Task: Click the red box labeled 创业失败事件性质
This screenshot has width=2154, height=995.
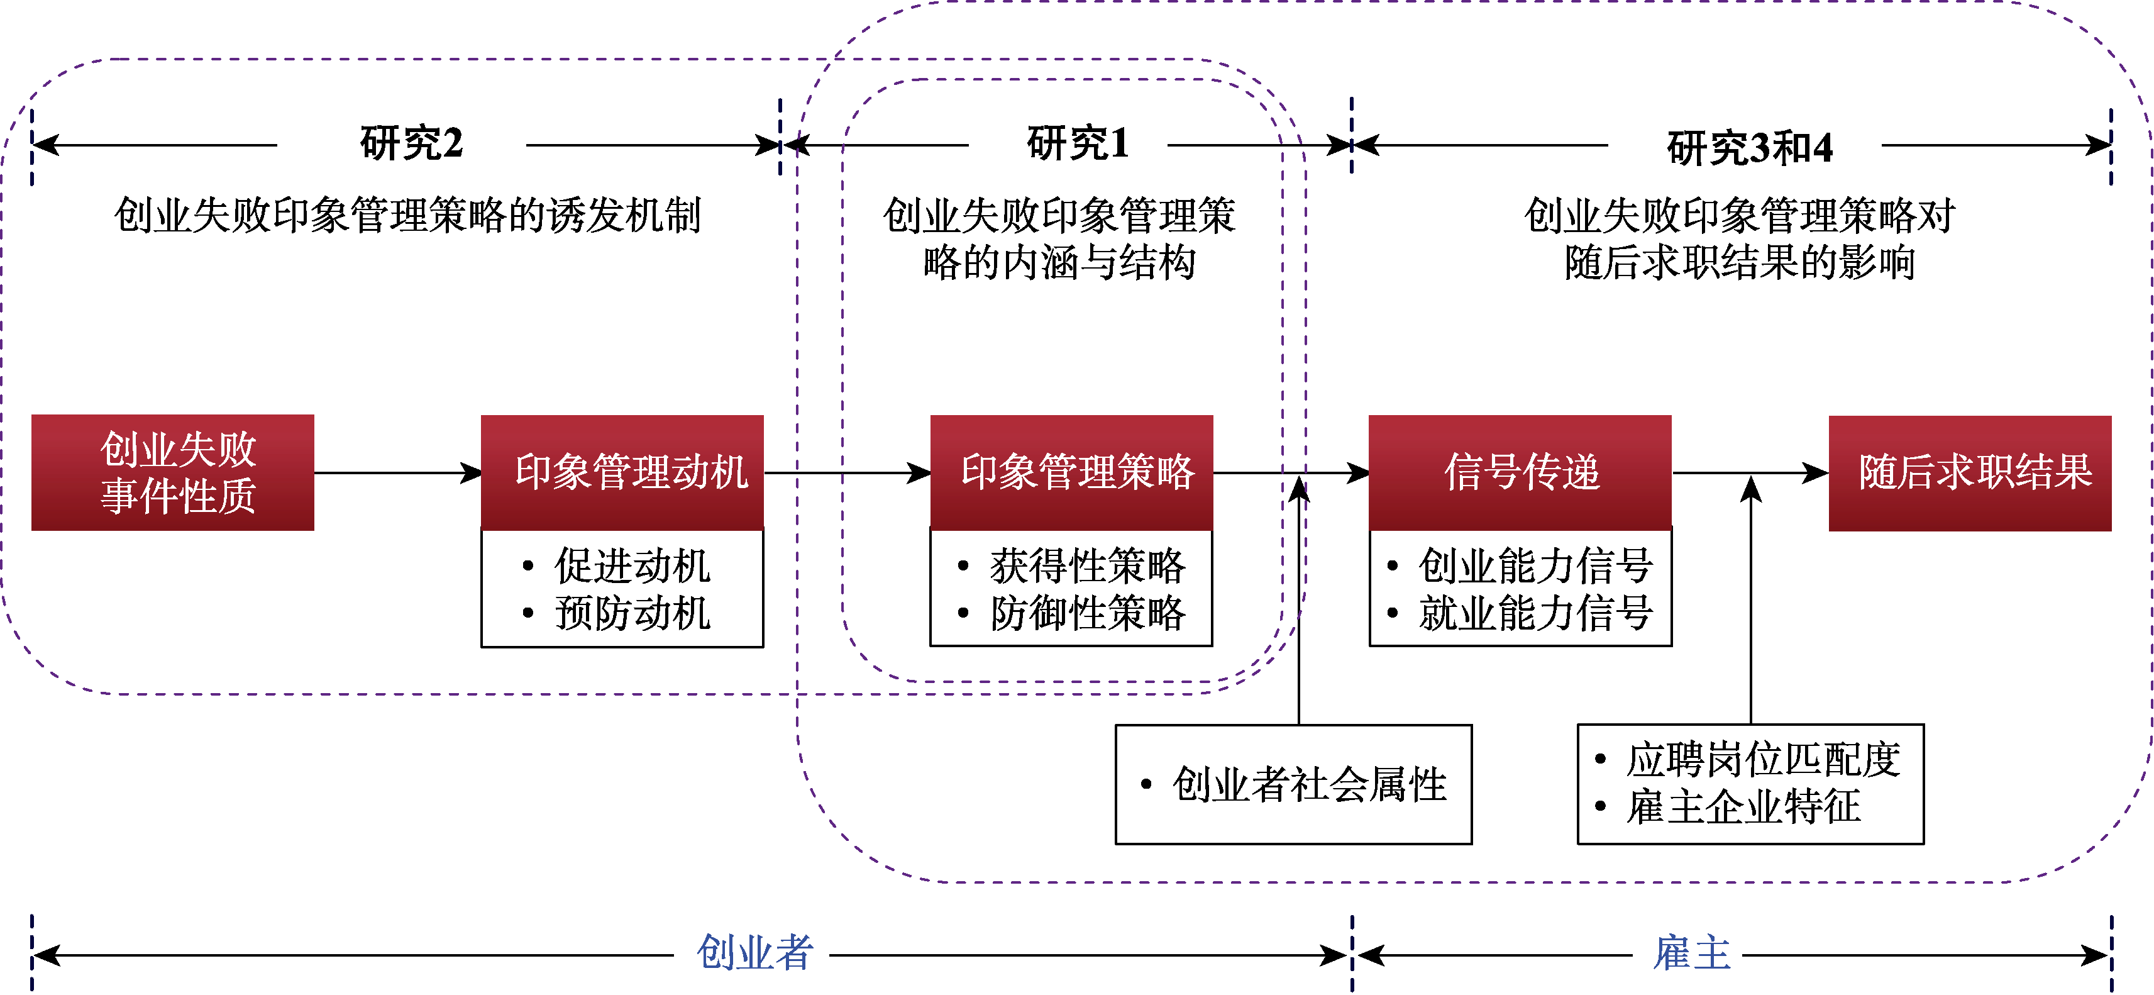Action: click(173, 472)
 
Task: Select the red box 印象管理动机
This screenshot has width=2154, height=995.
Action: click(622, 472)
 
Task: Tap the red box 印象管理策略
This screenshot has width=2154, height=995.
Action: click(1071, 472)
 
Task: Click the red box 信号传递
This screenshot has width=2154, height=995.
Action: click(1520, 472)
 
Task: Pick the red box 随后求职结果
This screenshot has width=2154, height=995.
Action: click(1970, 472)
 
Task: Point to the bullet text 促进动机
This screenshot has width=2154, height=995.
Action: click(632, 566)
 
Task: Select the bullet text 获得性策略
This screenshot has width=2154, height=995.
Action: click(1087, 566)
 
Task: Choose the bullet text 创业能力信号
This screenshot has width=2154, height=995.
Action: click(1535, 566)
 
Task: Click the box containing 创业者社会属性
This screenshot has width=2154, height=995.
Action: click(1293, 784)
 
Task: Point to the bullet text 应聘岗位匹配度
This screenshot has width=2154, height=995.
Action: click(1763, 760)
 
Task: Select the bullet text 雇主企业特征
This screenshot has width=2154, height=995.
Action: click(1743, 807)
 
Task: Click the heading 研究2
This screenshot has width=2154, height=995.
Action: click(411, 144)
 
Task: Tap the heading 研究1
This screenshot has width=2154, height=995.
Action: click(1078, 144)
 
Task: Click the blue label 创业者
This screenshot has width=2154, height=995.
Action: click(754, 953)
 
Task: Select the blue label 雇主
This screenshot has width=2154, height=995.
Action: click(1692, 953)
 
